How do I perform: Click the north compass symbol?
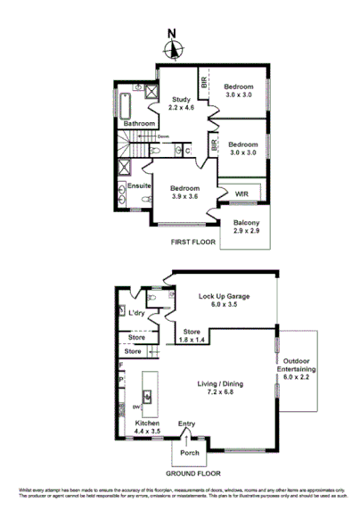coord(175,49)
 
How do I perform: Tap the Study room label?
coord(183,103)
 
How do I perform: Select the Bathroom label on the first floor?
coord(140,123)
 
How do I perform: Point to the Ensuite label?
coord(140,185)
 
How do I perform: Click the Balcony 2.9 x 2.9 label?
coord(247,226)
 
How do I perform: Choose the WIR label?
coord(241,193)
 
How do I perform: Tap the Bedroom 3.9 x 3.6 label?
coord(179,193)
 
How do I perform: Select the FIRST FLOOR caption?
coord(196,241)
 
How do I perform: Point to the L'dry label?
coord(136,313)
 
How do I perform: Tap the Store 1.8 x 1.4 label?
coord(186,335)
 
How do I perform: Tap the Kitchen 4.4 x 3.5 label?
coord(147,427)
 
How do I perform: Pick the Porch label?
coord(189,452)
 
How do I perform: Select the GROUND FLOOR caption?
coord(192,473)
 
